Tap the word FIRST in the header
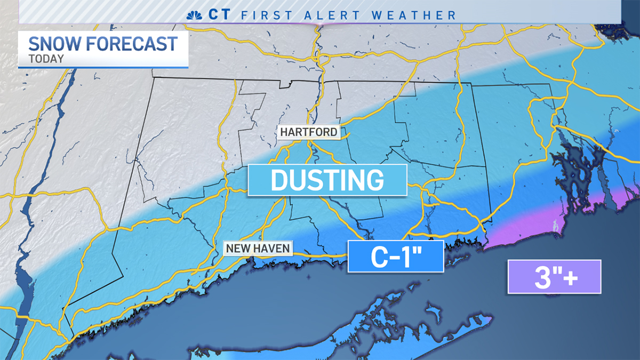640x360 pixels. (267, 14)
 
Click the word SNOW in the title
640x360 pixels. (53, 43)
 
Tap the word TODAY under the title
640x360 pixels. (46, 59)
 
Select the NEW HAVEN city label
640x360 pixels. (258, 248)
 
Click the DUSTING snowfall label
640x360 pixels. (327, 180)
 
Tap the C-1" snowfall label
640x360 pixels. (396, 257)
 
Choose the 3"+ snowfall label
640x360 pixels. (554, 277)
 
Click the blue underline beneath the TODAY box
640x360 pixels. (103, 68)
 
